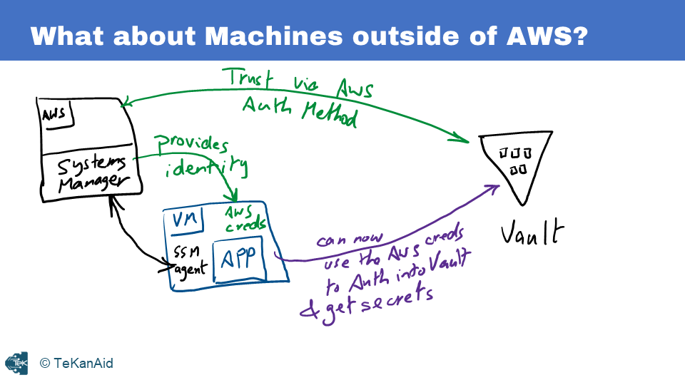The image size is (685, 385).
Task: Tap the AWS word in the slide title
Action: coord(546,36)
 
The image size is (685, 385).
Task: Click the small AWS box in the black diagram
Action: coord(54,115)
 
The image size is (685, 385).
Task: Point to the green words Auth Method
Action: coord(298,111)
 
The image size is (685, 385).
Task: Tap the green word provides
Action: coord(191,144)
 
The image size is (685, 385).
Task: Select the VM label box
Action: coord(184,220)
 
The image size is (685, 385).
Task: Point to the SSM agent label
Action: coord(189,260)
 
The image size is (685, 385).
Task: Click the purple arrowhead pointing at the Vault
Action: coord(492,188)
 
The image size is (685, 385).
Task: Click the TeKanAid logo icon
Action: coord(16,363)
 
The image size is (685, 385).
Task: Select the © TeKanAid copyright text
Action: coord(76,364)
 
